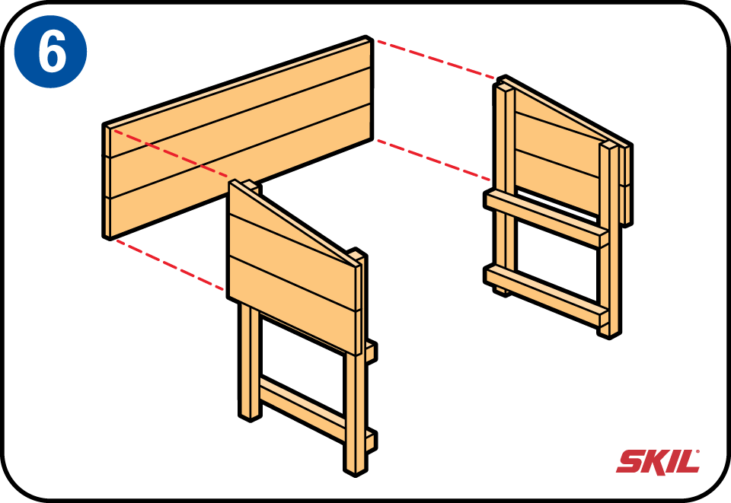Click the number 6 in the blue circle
(52, 51)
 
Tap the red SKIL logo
(658, 461)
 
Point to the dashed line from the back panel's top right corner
(436, 59)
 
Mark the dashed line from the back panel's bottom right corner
(433, 159)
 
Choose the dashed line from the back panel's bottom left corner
(169, 264)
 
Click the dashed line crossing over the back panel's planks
(170, 154)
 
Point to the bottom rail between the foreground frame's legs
(303, 408)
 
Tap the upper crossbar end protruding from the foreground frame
(371, 352)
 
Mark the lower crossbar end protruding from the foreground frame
(371, 441)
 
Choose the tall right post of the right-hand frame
(610, 240)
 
